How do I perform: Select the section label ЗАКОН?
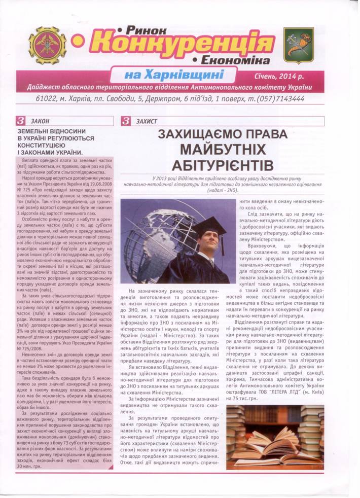[40, 121]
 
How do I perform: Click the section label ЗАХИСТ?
[147, 121]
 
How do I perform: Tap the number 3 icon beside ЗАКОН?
[22, 121]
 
